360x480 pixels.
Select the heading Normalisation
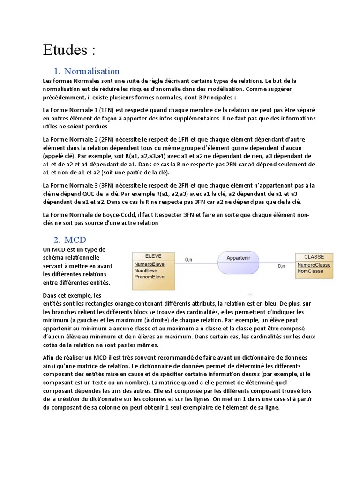point(92,71)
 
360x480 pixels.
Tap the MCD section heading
point(75,240)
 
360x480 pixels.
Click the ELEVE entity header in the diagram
point(153,256)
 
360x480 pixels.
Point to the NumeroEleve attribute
point(149,264)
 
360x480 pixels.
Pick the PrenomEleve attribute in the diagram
point(149,277)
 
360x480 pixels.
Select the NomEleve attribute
point(146,270)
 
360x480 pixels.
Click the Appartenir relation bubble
point(239,258)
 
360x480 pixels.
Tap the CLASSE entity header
point(314,257)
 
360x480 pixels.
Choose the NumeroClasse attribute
point(314,265)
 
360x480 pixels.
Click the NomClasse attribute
point(310,271)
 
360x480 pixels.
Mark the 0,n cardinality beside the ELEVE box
point(189,259)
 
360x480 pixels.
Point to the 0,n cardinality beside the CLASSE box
point(282,266)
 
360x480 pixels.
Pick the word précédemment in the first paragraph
point(62,97)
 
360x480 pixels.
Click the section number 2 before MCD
point(57,240)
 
